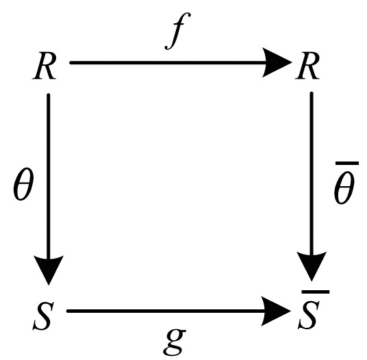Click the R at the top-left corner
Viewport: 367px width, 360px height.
click(45, 66)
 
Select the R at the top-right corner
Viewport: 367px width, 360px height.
click(307, 66)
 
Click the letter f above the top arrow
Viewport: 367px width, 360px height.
click(177, 31)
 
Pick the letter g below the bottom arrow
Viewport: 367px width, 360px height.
click(175, 343)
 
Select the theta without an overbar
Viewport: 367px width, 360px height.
click(23, 184)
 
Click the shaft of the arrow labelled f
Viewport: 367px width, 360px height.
click(168, 63)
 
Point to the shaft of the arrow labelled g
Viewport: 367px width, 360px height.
click(166, 311)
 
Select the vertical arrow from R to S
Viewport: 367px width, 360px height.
click(49, 190)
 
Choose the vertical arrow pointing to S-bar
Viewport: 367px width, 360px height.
click(312, 186)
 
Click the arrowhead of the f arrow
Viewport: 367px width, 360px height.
click(277, 62)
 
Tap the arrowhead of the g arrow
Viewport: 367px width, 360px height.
click(276, 311)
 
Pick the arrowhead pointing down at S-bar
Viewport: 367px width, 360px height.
click(312, 267)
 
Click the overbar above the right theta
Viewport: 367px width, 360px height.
click(347, 163)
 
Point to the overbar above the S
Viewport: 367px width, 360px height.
click(316, 292)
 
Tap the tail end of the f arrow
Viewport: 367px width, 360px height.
click(71, 63)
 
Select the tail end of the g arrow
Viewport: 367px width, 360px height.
click(67, 311)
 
